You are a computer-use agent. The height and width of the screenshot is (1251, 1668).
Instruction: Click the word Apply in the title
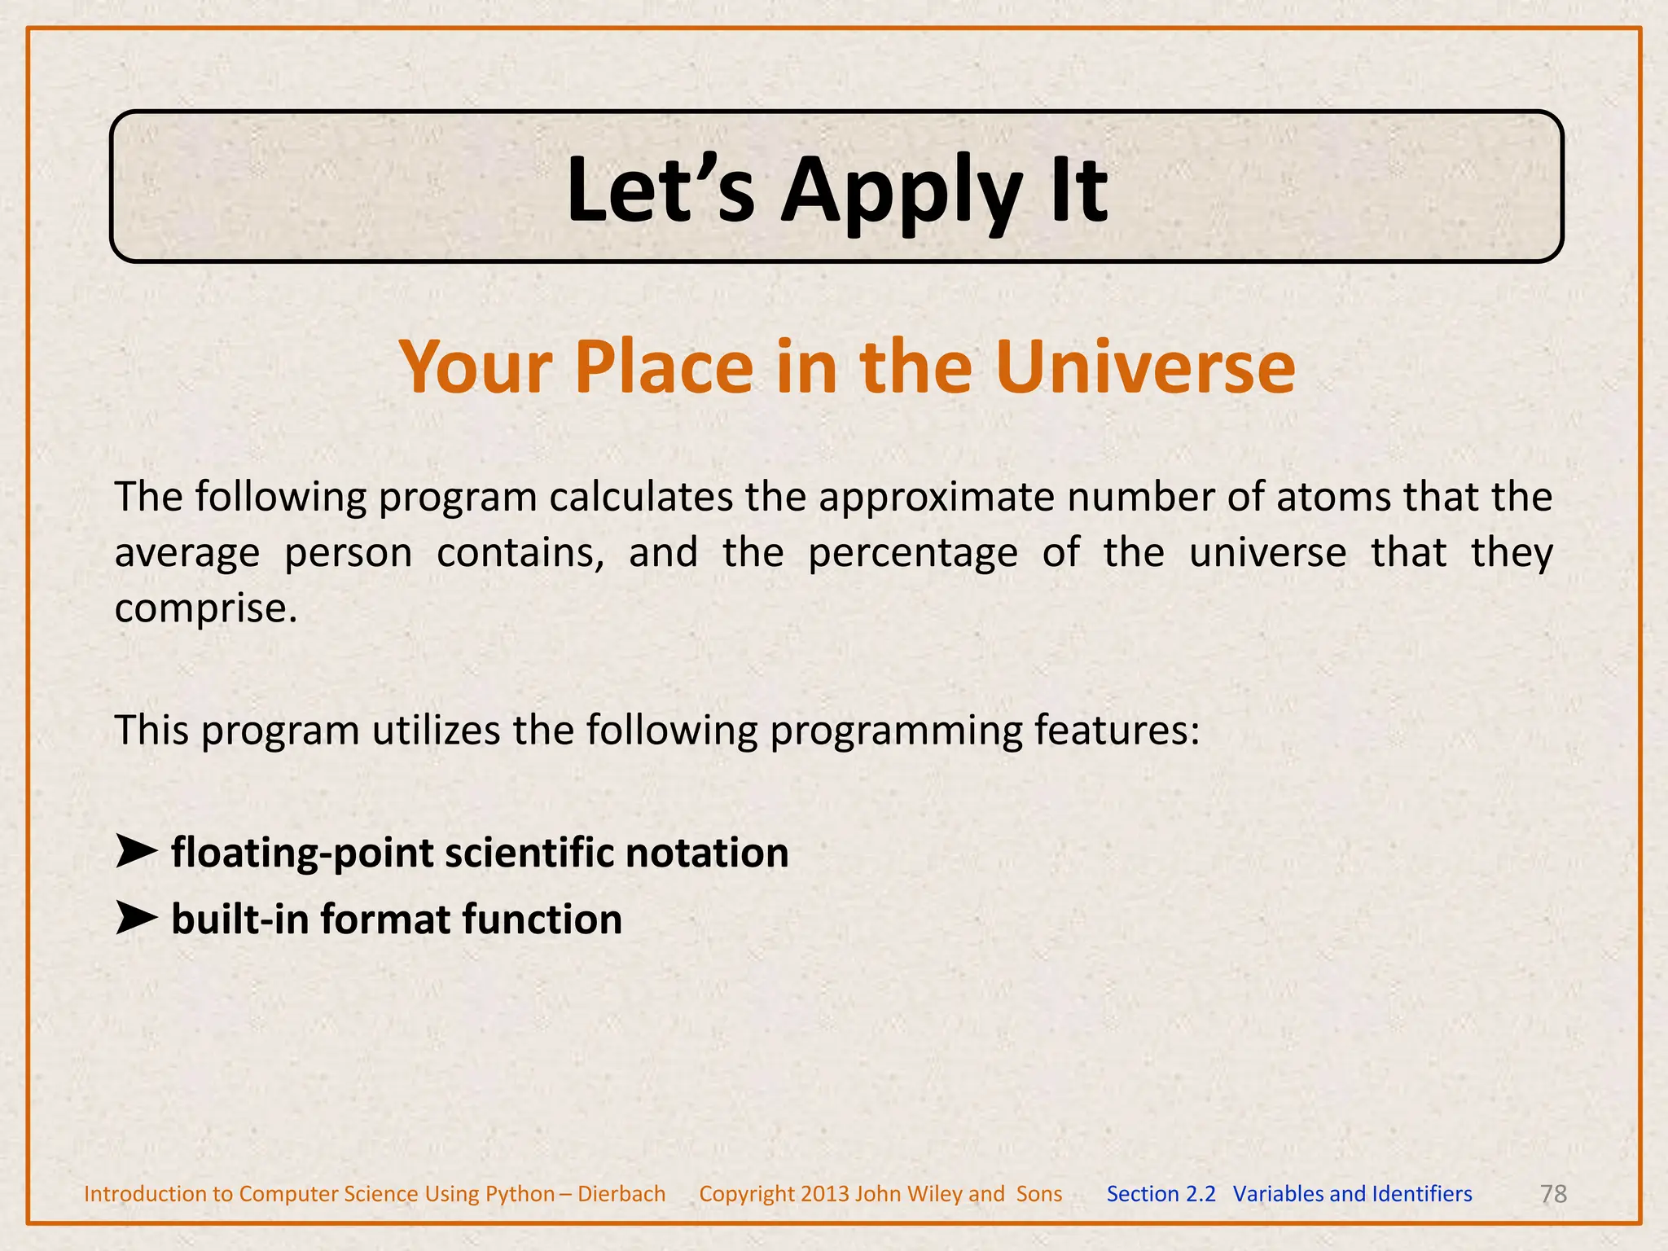pos(901,192)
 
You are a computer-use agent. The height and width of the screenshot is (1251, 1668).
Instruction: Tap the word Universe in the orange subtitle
pos(1144,367)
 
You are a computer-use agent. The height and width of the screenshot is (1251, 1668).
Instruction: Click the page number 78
pos(1553,1194)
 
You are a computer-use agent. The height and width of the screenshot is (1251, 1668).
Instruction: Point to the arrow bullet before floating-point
pos(136,852)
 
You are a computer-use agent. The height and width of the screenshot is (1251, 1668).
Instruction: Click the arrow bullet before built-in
pos(136,919)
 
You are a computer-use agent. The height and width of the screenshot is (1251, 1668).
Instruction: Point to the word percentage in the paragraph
pos(912,553)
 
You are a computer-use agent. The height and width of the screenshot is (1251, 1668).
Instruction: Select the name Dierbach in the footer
pos(621,1194)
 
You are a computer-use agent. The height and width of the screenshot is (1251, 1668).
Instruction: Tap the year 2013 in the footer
pos(824,1194)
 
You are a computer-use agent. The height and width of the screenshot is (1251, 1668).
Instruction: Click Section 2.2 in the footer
pos(1161,1194)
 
